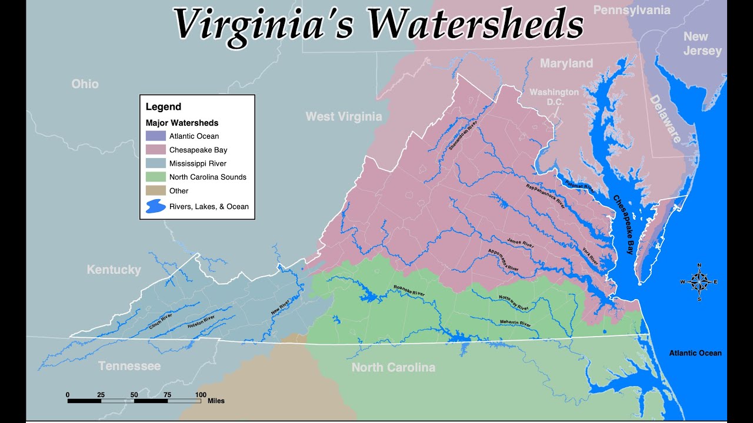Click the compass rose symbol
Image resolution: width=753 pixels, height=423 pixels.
699,282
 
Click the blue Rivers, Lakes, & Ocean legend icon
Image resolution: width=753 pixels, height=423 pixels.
155,206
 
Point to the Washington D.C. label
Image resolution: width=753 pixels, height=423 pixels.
554,97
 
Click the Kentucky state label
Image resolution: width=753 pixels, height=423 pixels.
114,270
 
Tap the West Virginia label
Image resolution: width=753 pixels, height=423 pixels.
344,116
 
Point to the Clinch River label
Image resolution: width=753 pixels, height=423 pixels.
159,321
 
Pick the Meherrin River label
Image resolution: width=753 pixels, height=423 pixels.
515,324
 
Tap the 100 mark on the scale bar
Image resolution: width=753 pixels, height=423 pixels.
200,394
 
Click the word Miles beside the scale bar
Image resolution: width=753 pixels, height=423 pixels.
216,401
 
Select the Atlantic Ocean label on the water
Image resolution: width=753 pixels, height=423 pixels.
695,353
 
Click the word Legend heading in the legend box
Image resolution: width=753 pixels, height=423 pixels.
164,107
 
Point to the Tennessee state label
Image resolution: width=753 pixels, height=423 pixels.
129,366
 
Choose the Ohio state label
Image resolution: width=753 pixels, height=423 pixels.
85,84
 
